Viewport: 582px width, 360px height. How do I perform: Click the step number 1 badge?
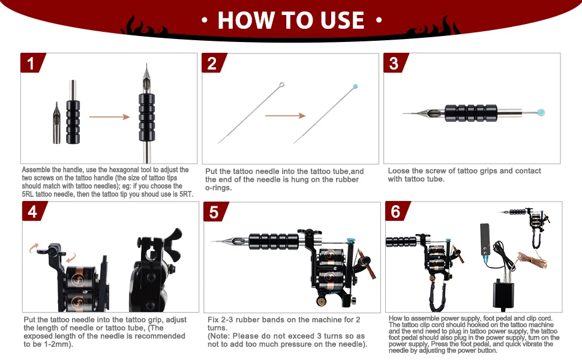tap(32, 63)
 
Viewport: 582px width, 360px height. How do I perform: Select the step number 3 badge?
tap(395, 63)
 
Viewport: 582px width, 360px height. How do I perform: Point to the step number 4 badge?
tap(34, 211)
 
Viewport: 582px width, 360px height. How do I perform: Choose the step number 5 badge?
tap(215, 212)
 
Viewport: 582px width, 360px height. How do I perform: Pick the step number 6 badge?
tap(397, 211)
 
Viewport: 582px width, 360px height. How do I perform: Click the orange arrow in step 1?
tap(109, 117)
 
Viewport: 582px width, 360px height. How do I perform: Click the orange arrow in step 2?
tap(285, 116)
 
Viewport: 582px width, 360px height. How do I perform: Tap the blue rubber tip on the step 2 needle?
tap(355, 86)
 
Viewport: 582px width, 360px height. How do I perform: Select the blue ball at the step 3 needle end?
tap(541, 112)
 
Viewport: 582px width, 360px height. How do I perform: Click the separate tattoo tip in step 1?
tap(57, 123)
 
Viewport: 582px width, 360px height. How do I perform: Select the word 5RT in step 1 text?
tap(185, 194)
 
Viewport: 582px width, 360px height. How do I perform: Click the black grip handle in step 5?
tap(274, 241)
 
